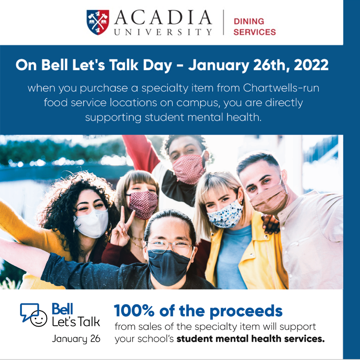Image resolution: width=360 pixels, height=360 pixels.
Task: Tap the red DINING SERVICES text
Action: click(255, 27)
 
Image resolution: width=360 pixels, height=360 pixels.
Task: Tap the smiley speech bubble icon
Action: click(34, 314)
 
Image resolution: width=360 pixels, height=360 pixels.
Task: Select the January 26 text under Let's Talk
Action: click(76, 339)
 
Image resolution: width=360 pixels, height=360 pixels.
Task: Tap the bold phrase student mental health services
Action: click(251, 339)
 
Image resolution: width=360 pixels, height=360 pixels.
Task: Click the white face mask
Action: click(91, 223)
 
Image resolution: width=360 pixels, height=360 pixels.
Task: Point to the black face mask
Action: click(169, 266)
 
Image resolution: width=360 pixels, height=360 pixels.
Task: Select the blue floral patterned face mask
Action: click(225, 213)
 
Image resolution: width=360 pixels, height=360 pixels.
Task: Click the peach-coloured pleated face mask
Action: click(268, 198)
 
